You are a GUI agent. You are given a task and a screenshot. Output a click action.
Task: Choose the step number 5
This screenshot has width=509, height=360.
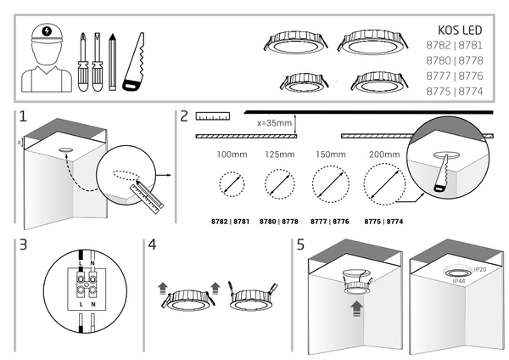pos(300,245)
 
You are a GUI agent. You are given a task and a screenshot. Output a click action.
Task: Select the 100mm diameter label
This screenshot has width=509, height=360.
pos(230,155)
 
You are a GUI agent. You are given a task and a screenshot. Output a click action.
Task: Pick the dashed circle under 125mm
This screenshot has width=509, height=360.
pos(279,183)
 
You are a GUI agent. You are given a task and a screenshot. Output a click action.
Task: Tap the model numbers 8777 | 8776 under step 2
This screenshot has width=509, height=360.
pos(331,221)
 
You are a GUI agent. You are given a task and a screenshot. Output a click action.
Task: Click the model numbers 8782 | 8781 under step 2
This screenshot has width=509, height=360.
pos(229,221)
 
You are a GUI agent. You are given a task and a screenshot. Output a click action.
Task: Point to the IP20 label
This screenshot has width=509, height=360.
pos(480,269)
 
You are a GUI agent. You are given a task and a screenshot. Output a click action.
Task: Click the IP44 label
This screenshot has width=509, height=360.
pos(459,280)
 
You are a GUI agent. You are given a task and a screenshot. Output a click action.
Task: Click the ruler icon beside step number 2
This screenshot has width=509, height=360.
pos(212,115)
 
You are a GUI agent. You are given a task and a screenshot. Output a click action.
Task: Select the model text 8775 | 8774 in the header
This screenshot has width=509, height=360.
pos(457,91)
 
